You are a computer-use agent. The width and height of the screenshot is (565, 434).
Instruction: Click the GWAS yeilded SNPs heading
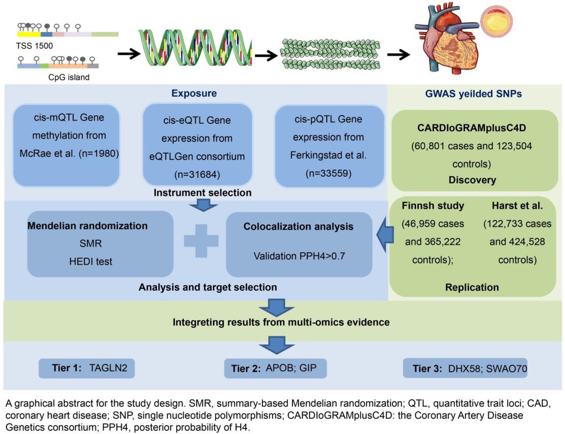tap(475, 93)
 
